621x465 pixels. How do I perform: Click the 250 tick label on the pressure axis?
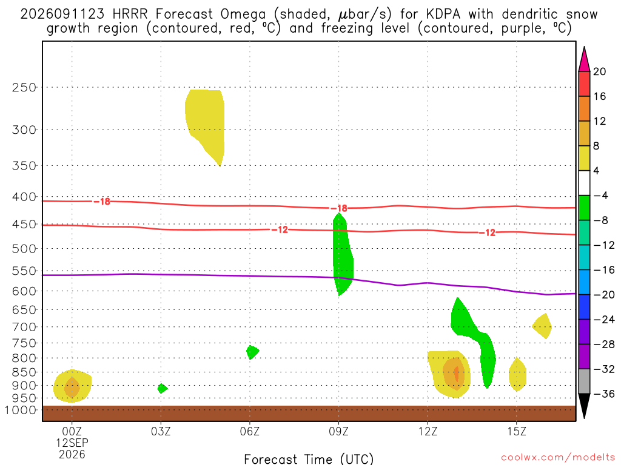(24, 87)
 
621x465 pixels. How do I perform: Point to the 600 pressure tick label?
(24, 291)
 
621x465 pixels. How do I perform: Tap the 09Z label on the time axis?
(338, 431)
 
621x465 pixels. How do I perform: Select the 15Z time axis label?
(517, 431)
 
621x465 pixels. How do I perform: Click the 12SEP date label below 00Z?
(72, 443)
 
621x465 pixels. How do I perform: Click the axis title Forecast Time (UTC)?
(309, 459)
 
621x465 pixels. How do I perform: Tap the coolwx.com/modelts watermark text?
(558, 458)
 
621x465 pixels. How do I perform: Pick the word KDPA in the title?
(443, 15)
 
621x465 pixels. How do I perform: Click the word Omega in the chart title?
(243, 15)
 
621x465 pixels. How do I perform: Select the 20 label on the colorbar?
(600, 71)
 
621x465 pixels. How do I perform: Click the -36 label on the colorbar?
(604, 394)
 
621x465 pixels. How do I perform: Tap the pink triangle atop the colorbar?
(584, 59)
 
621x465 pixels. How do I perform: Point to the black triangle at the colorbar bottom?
(584, 406)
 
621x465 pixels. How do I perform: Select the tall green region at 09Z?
(342, 253)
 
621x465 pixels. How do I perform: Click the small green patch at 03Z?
(162, 388)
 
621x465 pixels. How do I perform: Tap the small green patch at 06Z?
(252, 352)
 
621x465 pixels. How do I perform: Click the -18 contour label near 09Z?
(339, 208)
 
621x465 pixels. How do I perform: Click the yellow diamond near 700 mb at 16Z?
(542, 326)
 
